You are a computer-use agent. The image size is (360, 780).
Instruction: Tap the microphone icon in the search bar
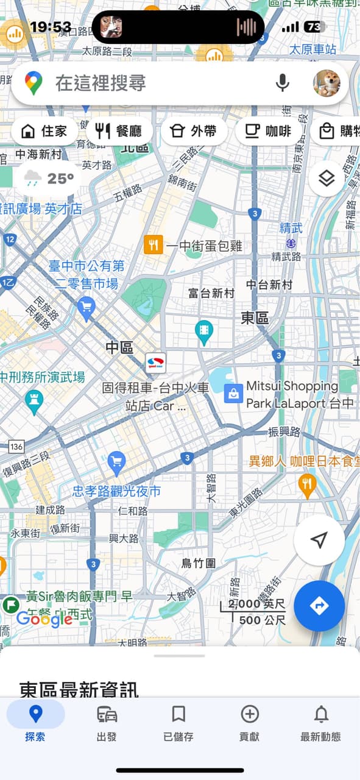(282, 83)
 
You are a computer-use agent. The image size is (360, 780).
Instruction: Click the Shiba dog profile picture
(327, 83)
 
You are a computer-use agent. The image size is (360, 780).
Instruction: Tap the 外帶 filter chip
(194, 131)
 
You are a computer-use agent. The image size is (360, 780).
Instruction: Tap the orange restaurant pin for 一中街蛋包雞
(153, 245)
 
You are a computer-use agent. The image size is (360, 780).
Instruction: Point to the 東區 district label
(255, 317)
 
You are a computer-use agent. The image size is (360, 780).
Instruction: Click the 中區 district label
(119, 347)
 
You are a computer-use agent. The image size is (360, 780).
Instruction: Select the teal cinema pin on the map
(204, 331)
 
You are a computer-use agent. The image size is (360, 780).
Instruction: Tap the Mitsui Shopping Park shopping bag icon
(233, 393)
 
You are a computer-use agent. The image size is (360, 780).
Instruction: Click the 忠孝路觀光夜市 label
(117, 491)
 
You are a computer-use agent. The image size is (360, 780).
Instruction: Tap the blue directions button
(319, 606)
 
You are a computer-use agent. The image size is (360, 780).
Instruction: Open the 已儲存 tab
(178, 722)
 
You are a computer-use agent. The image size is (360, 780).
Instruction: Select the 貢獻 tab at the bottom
(250, 722)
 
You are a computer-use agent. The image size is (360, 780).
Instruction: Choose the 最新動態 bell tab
(321, 722)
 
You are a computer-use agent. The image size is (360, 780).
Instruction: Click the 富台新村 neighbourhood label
(211, 294)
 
